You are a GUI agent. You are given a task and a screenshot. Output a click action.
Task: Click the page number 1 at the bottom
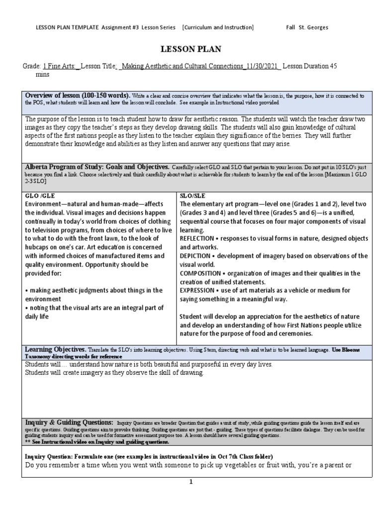[191, 482]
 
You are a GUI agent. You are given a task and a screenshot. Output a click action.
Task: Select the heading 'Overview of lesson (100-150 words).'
[78, 95]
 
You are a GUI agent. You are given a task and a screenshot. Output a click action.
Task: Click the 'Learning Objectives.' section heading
[56, 350]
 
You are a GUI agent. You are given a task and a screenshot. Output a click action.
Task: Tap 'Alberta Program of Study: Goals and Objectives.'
[97, 167]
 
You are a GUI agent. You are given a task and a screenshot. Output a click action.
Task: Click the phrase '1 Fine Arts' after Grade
[61, 66]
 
